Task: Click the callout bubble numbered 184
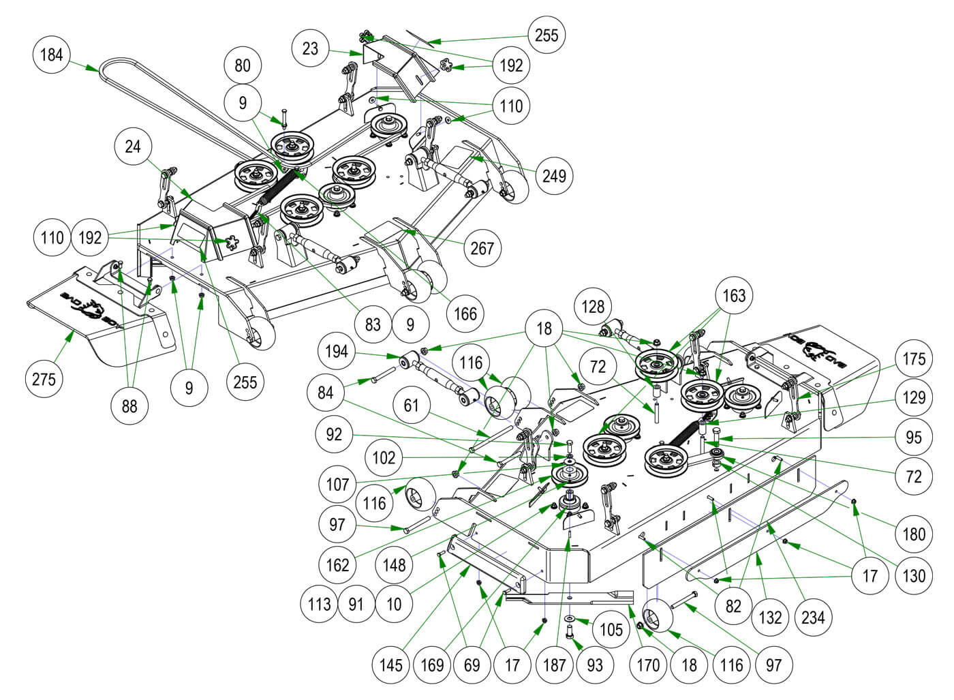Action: pos(52,54)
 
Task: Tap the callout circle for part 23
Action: pos(310,49)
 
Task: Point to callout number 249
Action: pos(554,176)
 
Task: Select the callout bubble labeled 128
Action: pos(593,307)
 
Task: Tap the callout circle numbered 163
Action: pos(734,296)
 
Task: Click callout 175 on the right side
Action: pos(913,359)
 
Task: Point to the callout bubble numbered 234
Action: pos(813,618)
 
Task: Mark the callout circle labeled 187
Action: pos(555,665)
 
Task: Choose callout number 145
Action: pos(391,665)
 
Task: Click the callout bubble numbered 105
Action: pos(611,628)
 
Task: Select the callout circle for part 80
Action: pos(243,65)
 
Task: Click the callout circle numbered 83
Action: pos(372,323)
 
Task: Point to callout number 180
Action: pos(913,534)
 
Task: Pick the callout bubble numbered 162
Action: pos(337,564)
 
